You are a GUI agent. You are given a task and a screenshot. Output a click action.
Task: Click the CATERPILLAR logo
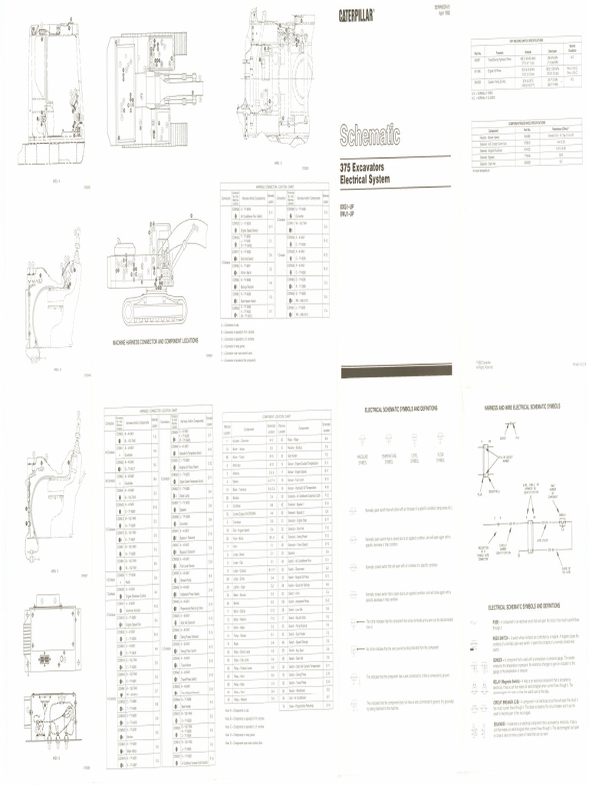[357, 15]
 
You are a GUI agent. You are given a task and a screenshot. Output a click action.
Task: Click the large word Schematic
[371, 136]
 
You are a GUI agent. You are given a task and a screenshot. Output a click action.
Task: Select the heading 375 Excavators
[367, 167]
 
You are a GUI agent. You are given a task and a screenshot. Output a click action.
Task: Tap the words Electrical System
[365, 179]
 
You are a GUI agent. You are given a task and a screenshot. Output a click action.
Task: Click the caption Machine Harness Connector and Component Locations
[155, 340]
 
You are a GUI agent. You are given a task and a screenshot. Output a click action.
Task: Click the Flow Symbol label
[440, 462]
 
